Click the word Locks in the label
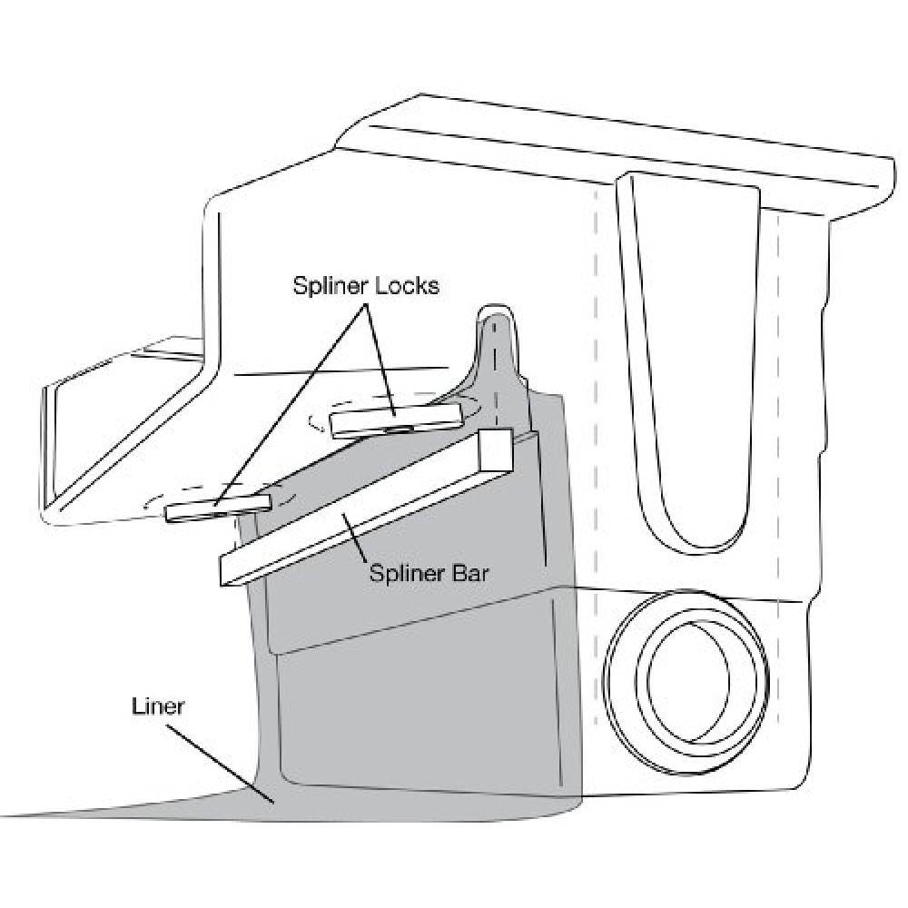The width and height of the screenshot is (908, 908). click(x=409, y=285)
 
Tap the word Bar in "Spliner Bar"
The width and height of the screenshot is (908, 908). click(x=470, y=573)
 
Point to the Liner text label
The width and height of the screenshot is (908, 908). click(x=158, y=706)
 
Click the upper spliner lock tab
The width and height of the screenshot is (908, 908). click(x=396, y=419)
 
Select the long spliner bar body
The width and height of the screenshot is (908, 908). click(x=365, y=509)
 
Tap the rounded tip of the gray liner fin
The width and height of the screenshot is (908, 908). click(x=495, y=312)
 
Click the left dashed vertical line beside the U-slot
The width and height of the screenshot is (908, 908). click(x=597, y=463)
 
